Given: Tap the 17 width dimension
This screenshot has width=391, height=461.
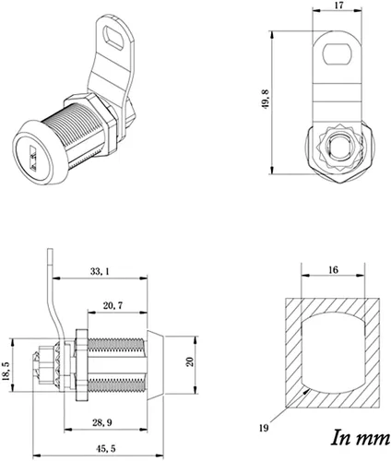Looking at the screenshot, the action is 338,6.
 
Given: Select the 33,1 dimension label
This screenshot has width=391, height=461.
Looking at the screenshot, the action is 100,271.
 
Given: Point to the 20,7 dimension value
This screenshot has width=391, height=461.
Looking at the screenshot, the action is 113,305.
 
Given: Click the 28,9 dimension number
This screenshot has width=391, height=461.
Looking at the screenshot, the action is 102,422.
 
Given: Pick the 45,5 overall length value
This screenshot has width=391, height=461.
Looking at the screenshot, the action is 106,448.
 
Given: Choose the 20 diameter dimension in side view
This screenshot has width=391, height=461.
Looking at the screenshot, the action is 190,361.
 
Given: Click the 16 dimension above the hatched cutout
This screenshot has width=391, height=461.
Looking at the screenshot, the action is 333,270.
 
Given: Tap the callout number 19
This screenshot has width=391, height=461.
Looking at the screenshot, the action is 264,428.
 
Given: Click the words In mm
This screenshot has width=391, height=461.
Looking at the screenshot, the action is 361,438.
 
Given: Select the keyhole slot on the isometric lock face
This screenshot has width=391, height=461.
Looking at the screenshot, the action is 33,158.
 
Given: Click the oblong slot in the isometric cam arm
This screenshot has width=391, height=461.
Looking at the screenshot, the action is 113,38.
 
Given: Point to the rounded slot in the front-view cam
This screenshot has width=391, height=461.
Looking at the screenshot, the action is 337,54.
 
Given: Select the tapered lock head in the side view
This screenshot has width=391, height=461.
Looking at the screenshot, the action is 156,365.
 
